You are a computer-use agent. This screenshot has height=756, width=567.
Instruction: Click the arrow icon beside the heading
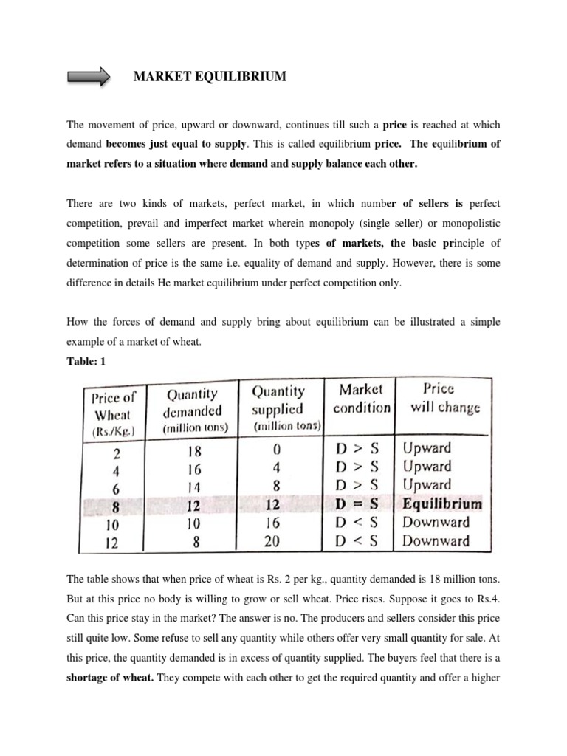[88, 77]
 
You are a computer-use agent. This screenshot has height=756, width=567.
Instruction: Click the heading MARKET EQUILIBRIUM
[209, 76]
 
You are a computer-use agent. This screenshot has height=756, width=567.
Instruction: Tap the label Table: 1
[89, 360]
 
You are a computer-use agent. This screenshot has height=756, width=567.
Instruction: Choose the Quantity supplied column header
[278, 408]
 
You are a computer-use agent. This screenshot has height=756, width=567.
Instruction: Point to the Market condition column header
[361, 398]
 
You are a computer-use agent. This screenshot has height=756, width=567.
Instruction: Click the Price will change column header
[441, 398]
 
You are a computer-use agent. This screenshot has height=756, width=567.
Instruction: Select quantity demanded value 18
[194, 450]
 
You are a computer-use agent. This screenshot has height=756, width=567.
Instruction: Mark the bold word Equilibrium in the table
[441, 504]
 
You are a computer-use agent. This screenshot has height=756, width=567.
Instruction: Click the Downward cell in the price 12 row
[436, 540]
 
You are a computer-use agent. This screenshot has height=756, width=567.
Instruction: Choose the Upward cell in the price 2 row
[427, 448]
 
